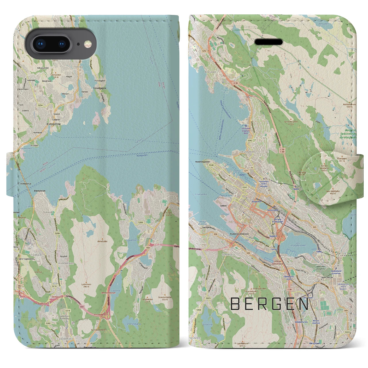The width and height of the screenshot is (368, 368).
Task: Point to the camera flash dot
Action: [x=86, y=44]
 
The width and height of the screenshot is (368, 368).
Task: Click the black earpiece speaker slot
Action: [x=269, y=42]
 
